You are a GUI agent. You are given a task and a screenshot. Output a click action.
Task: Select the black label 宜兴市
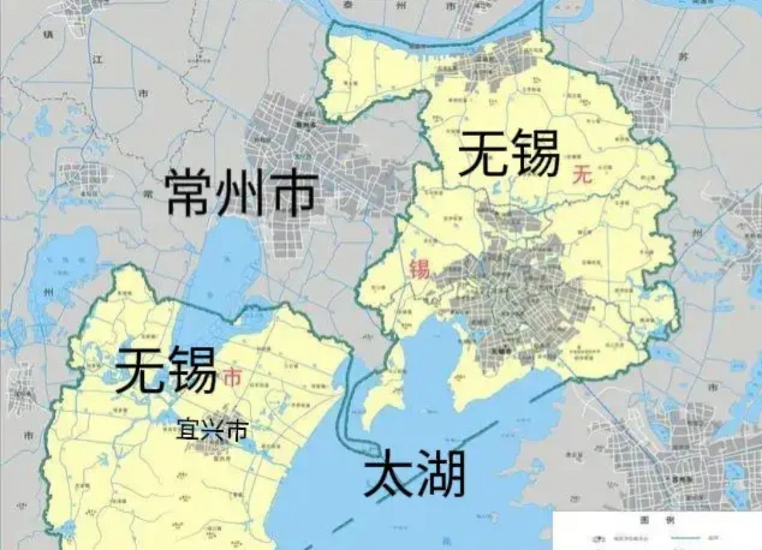click(x=212, y=430)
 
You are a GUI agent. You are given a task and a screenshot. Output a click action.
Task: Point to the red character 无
click(x=582, y=175)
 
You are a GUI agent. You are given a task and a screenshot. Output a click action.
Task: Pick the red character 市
click(x=232, y=378)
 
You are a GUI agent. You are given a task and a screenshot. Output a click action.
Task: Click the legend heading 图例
click(x=657, y=520)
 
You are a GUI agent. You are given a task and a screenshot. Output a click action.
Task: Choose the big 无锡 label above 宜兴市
click(x=166, y=370)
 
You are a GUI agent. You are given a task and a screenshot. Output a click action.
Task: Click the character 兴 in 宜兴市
click(x=212, y=430)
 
